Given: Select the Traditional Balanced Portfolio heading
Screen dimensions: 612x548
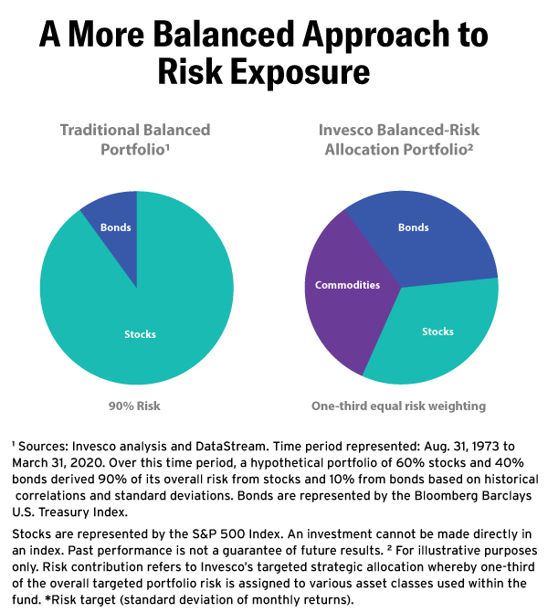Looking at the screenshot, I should pos(135,139).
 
